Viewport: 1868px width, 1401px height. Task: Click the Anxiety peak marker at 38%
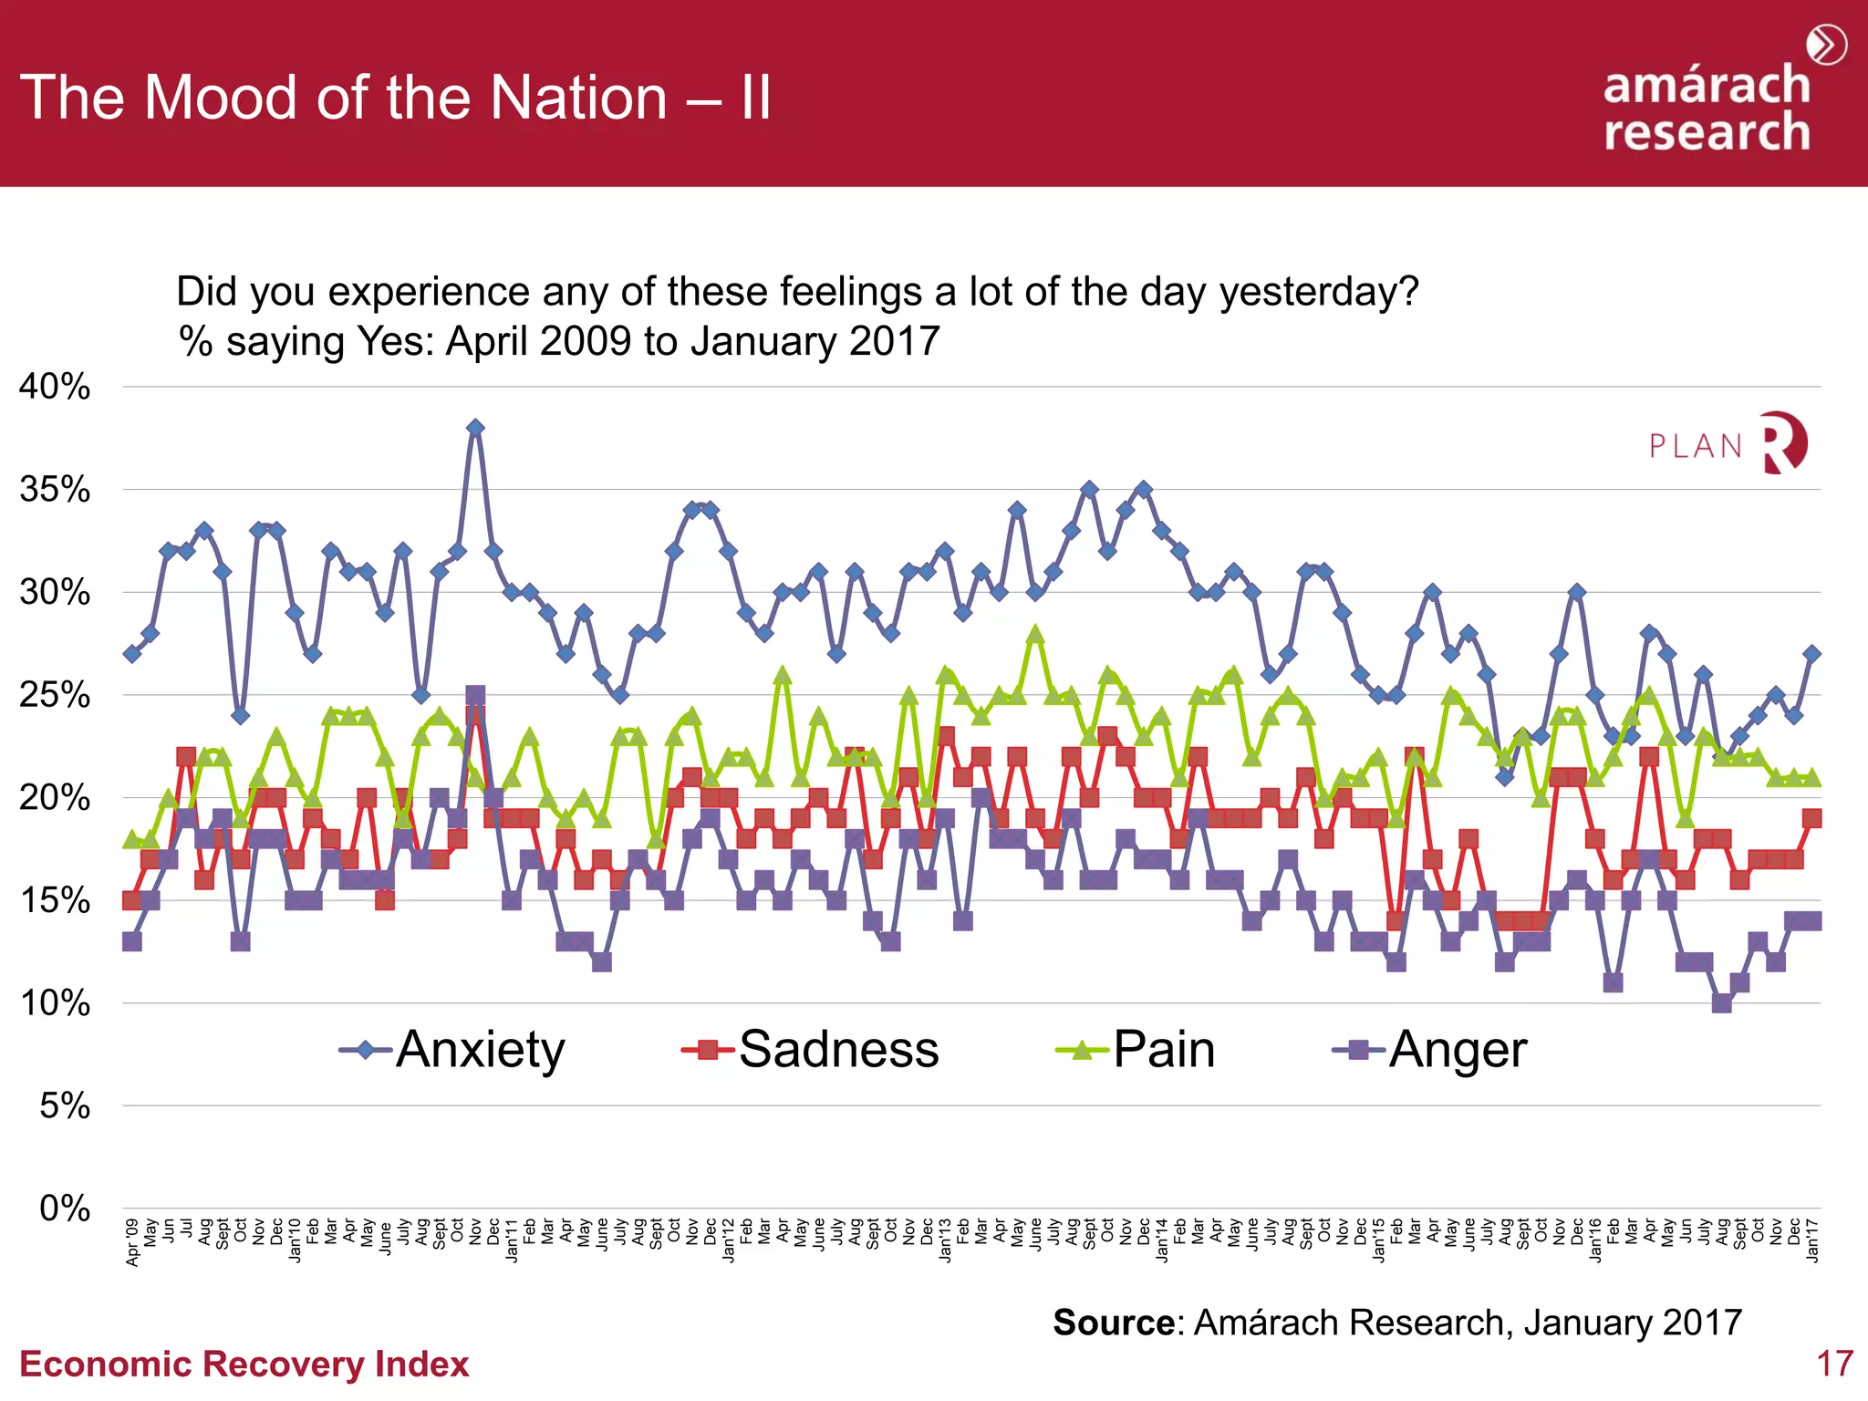coord(475,428)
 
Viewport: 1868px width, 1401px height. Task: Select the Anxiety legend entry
coord(453,1050)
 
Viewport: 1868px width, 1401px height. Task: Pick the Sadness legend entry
coord(811,1050)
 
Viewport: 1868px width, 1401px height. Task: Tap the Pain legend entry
coord(1136,1050)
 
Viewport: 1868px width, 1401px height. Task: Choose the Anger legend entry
coord(1430,1050)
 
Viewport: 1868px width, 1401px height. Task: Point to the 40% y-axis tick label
coord(55,387)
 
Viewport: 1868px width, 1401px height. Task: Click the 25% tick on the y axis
coord(55,695)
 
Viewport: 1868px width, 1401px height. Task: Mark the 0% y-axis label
coord(64,1209)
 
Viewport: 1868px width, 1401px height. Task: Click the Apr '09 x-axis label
coord(133,1242)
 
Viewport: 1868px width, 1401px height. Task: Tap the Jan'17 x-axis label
coord(1812,1240)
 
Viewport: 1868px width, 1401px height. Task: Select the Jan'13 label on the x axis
coord(946,1240)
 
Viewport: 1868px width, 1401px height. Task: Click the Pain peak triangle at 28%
coord(1035,634)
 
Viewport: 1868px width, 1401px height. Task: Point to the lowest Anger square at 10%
coord(1722,1003)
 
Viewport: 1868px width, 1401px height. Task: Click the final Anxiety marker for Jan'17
coord(1812,654)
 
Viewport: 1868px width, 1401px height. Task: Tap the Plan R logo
coord(1728,443)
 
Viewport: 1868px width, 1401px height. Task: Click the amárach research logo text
coord(1707,108)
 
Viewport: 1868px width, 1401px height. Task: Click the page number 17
coord(1834,1364)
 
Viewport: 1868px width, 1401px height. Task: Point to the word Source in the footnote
coord(1114,1323)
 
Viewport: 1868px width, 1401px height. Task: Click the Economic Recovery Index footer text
coord(244,1364)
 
